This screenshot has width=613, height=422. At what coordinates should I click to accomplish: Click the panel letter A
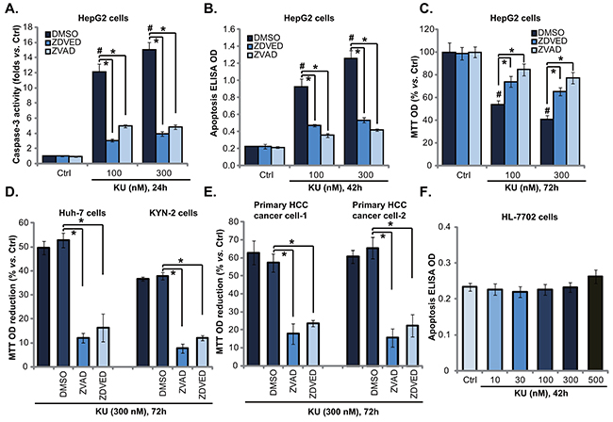point(9,9)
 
